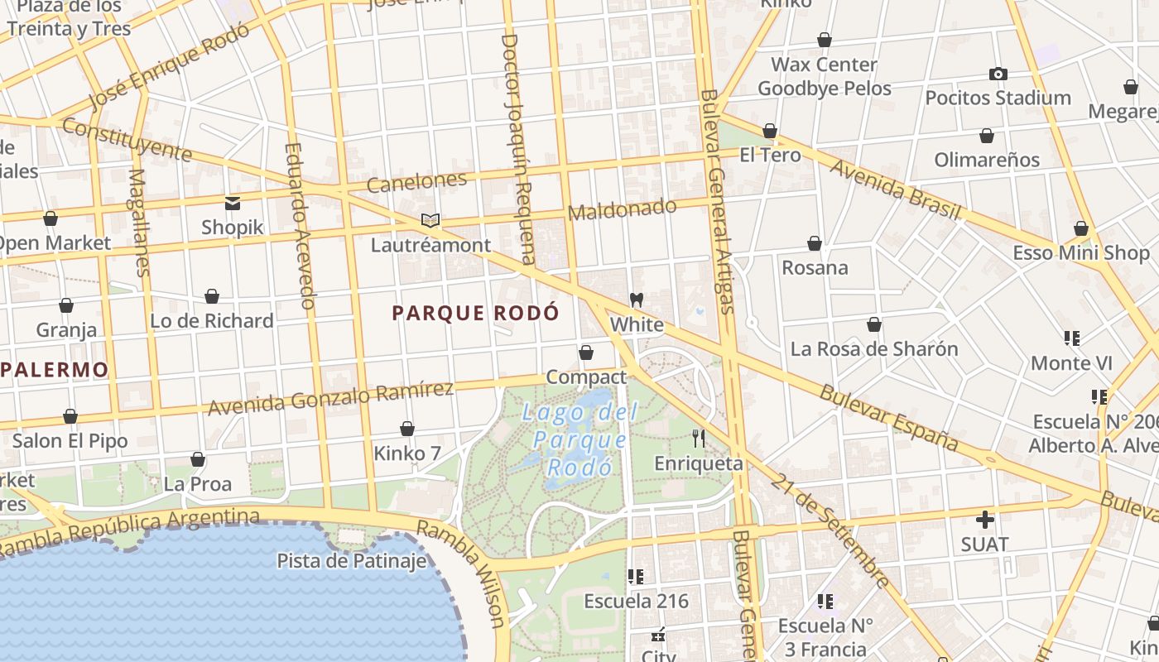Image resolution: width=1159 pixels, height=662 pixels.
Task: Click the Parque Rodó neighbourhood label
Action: pyautogui.click(x=475, y=313)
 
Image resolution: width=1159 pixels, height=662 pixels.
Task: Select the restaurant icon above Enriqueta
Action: pyautogui.click(x=699, y=439)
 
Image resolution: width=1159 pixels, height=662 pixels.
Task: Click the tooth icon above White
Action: pyautogui.click(x=637, y=300)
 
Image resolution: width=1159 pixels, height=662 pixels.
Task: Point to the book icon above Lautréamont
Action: pyautogui.click(x=430, y=220)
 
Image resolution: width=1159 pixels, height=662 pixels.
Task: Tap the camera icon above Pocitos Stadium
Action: pyautogui.click(x=998, y=74)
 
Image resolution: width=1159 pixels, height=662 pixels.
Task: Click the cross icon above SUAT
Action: pyautogui.click(x=984, y=520)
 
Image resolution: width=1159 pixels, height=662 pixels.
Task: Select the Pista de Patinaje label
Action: pyautogui.click(x=352, y=560)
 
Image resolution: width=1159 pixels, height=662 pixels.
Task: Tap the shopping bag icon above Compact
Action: pyautogui.click(x=586, y=353)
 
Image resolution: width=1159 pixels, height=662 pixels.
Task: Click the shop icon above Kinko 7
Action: pyautogui.click(x=406, y=429)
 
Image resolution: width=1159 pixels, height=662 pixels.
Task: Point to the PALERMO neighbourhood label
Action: pyautogui.click(x=55, y=369)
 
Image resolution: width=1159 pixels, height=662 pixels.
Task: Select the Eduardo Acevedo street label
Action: pyautogui.click(x=300, y=227)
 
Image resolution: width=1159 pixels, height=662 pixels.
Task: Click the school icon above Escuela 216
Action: pyautogui.click(x=636, y=576)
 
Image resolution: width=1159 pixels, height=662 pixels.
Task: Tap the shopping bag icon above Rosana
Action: pyautogui.click(x=815, y=243)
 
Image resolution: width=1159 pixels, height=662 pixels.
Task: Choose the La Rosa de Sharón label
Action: pyautogui.click(x=873, y=348)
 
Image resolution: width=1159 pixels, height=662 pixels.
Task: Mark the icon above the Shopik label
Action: pyautogui.click(x=232, y=203)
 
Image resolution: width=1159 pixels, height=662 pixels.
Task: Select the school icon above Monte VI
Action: pyautogui.click(x=1072, y=338)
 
